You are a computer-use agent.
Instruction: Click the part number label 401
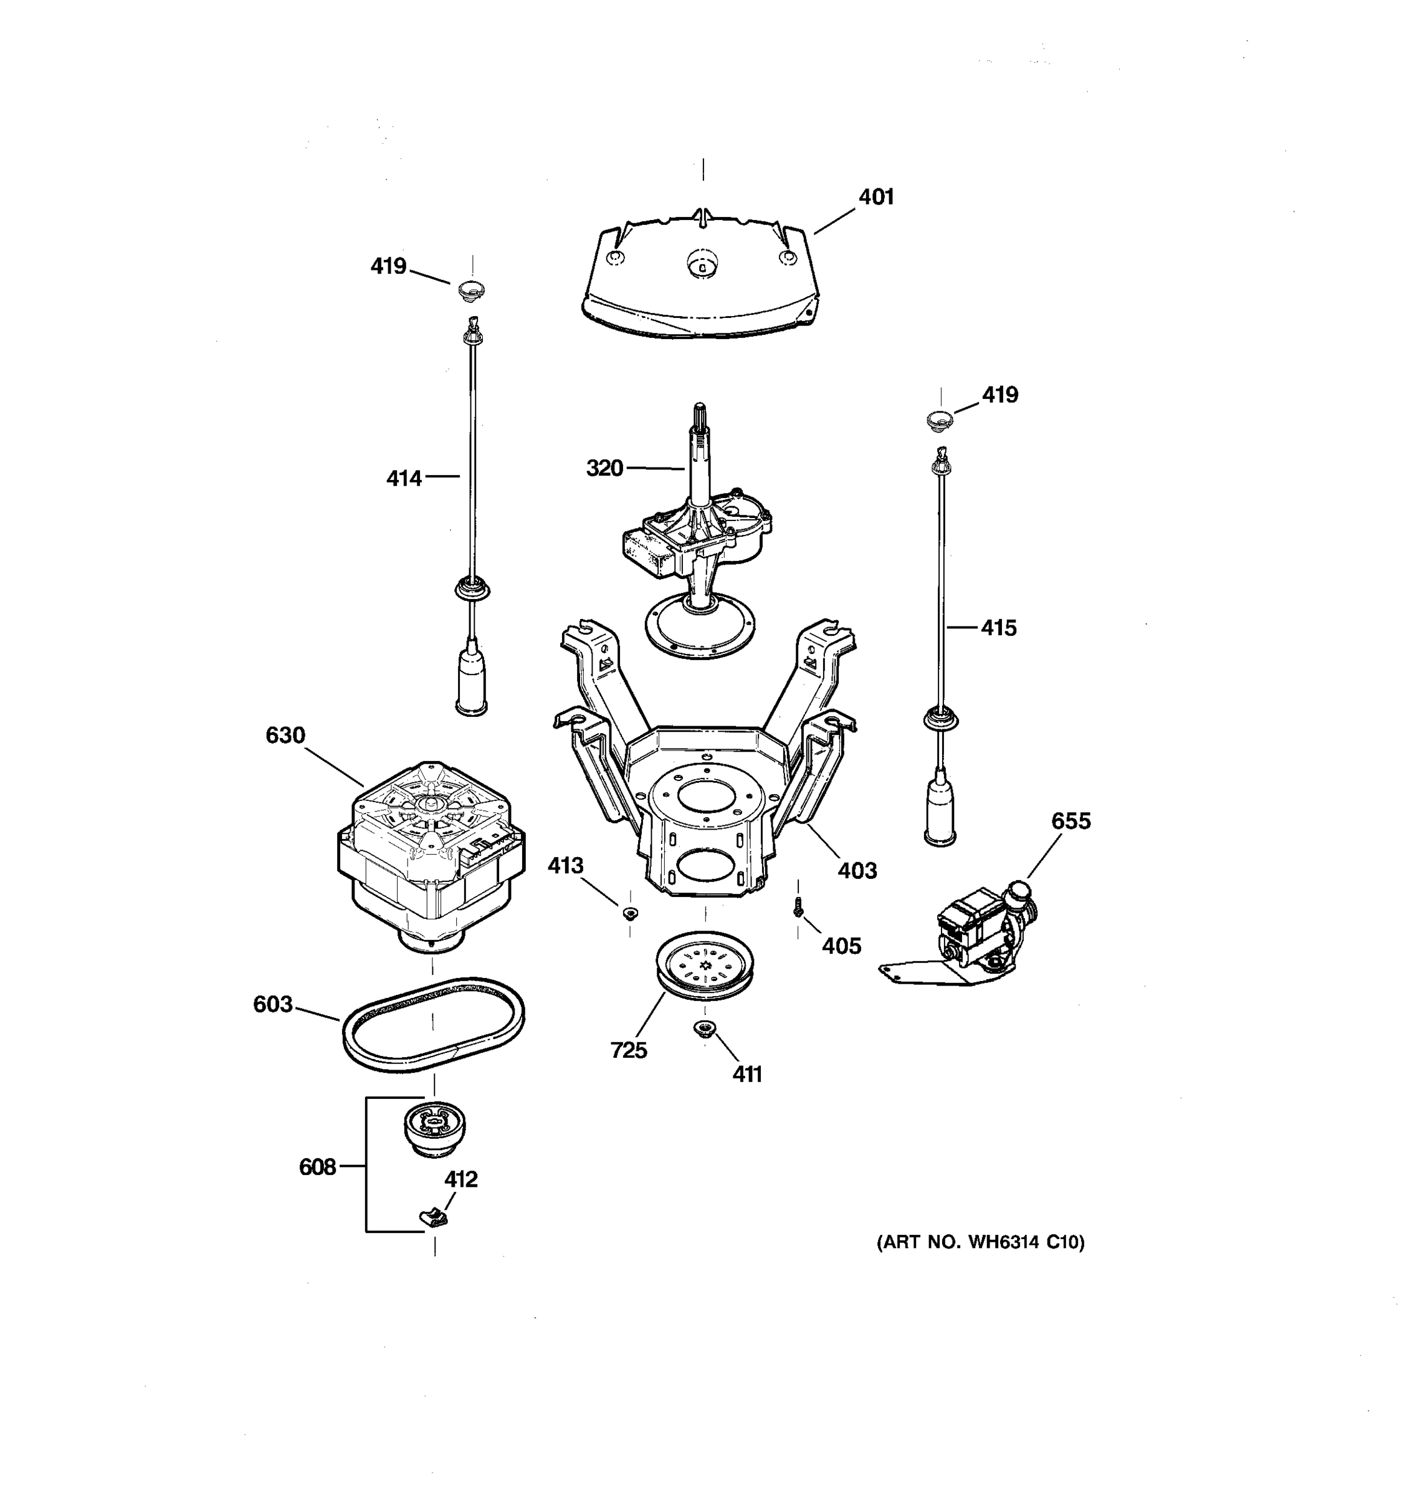pos(876,197)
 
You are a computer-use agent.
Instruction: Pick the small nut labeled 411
pos(703,1028)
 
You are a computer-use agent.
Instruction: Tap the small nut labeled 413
pos(629,914)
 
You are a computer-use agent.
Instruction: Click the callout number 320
pos(604,468)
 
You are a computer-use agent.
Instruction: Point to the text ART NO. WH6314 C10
pos(980,1242)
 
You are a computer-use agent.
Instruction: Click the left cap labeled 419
pos(472,289)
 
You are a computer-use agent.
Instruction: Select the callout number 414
pos(404,478)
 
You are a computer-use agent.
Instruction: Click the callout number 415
pos(998,628)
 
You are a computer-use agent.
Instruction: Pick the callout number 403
pos(857,871)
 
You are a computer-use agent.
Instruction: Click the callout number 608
pos(317,1166)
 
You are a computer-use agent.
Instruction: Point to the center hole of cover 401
pos(702,264)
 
